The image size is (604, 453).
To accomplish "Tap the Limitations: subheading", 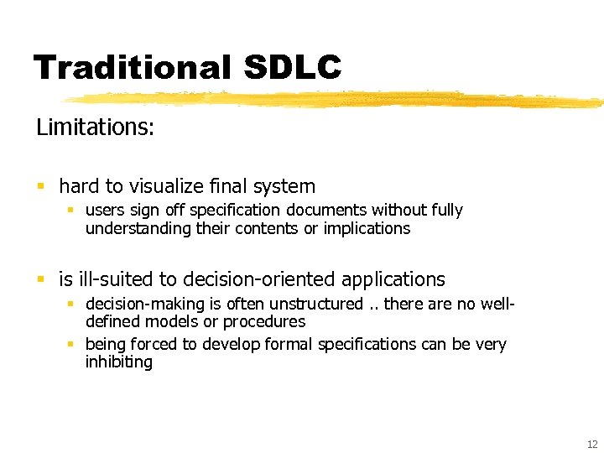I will point(95,128).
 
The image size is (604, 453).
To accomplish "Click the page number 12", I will point(591,444).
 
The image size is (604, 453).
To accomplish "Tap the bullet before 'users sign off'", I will point(73,211).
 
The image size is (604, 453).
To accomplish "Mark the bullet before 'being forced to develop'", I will point(73,345).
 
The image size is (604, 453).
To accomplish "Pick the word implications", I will point(367,228).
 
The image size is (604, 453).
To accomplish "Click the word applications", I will point(394,279).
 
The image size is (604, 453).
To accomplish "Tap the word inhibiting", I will point(118,362).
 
